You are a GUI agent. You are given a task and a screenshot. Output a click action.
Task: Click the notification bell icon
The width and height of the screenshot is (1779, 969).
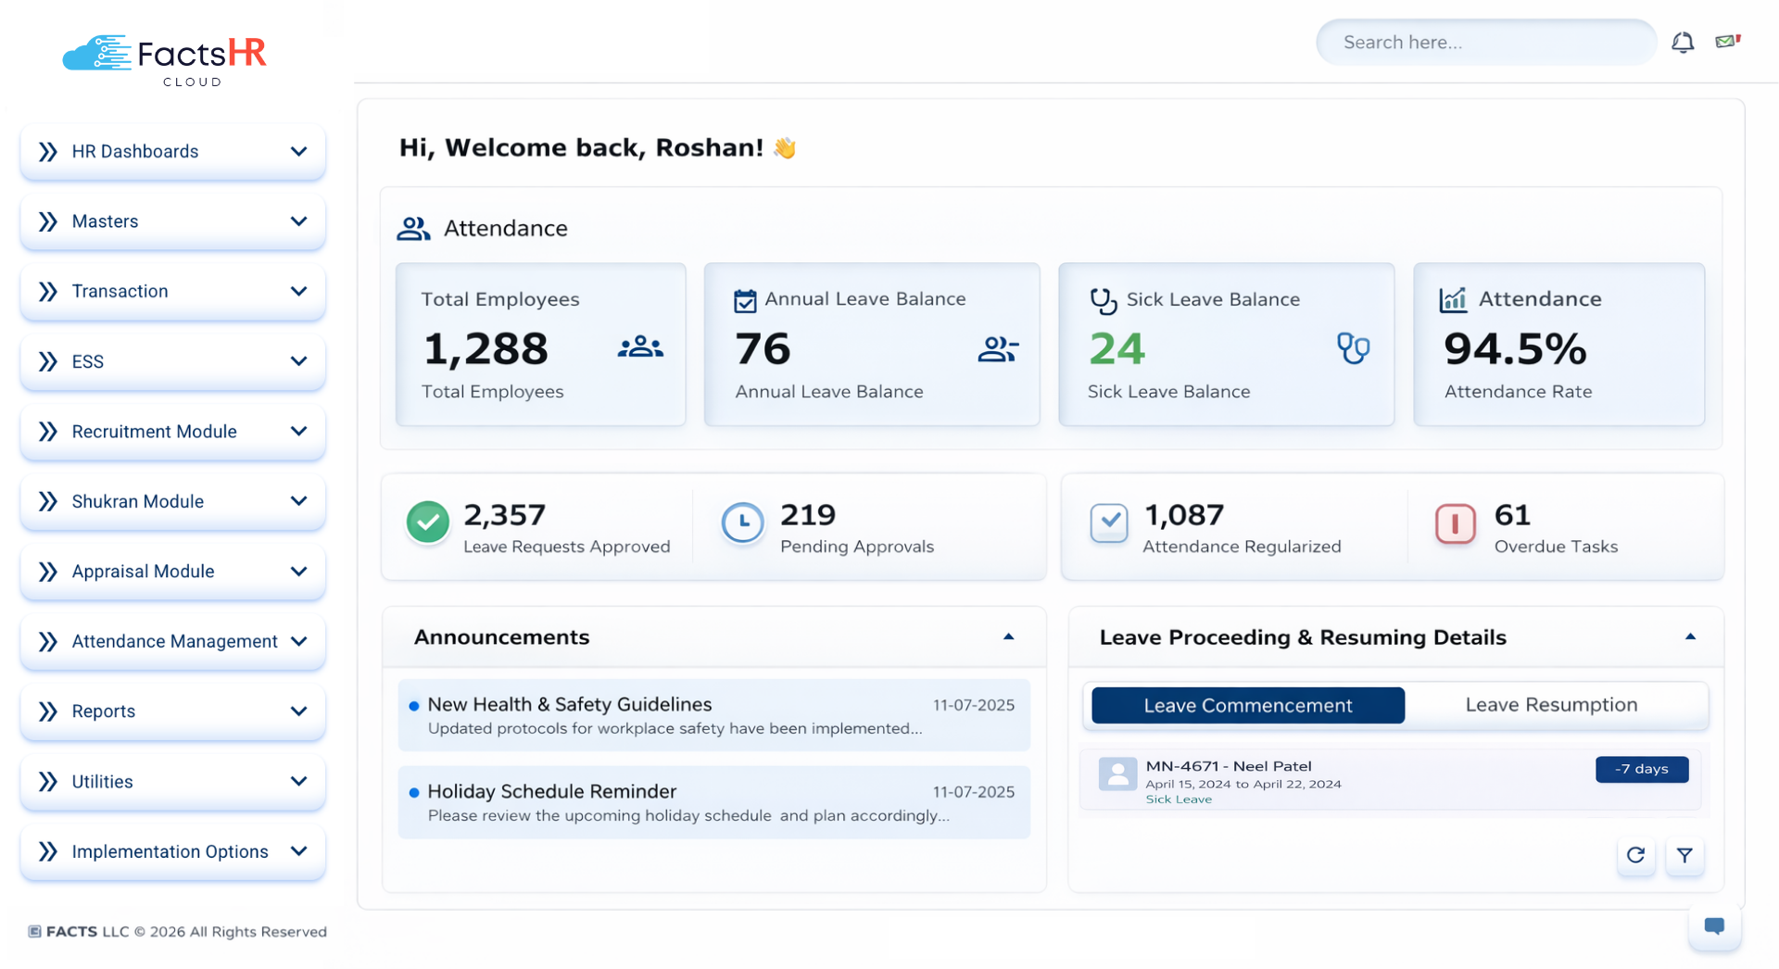1683,43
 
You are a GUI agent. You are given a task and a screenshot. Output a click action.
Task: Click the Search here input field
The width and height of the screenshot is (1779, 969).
1485,43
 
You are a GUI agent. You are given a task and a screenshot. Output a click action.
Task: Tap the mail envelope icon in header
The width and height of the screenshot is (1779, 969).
1727,42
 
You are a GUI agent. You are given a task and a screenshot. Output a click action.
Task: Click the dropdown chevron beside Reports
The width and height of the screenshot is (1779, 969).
298,711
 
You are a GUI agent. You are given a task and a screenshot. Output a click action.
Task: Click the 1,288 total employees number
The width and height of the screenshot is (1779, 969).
486,349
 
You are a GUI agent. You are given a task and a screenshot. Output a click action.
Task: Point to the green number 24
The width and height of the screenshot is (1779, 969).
1117,349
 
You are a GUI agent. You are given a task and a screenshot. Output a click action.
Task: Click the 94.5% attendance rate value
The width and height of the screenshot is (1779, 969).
1515,349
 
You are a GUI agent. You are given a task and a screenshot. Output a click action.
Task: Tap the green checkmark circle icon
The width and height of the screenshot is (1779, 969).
428,522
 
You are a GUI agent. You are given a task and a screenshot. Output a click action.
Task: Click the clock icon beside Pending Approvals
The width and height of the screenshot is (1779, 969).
742,523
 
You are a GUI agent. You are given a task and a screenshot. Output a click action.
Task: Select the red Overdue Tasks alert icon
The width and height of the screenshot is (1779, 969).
1455,523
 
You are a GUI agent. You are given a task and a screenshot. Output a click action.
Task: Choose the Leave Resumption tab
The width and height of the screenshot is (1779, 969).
1551,705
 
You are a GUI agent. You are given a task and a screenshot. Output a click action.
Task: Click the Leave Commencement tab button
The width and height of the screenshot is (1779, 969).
1247,705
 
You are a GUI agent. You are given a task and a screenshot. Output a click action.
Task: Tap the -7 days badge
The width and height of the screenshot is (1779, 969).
1641,769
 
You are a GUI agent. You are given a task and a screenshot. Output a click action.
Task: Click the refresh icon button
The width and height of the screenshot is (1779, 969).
1635,855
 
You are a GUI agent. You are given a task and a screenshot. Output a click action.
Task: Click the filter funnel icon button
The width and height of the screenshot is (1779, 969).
1684,855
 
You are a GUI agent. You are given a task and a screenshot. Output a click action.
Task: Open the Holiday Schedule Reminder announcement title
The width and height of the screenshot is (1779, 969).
551,791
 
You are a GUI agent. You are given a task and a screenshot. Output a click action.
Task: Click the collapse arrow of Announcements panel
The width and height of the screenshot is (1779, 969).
1008,637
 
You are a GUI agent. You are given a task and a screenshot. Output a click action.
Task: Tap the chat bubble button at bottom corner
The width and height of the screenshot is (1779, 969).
1714,925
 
